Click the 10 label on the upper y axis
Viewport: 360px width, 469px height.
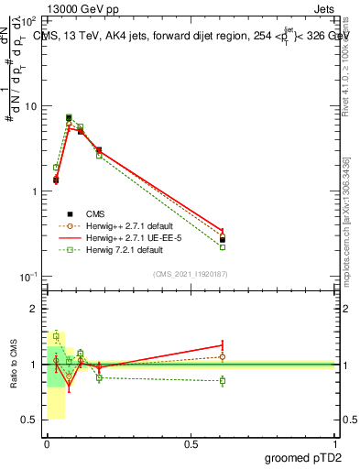pyautogui.click(x=32, y=107)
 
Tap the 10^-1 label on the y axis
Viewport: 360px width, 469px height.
pyautogui.click(x=30, y=278)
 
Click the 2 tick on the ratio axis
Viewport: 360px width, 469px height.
pyautogui.click(x=36, y=310)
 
